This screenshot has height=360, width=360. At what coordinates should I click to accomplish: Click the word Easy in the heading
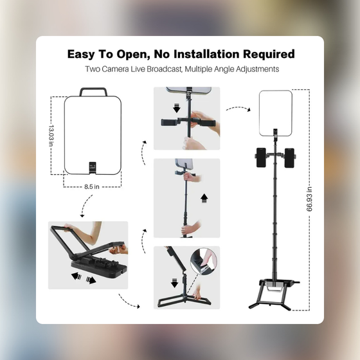pos(81,55)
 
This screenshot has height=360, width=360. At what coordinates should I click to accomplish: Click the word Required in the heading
pos(269,54)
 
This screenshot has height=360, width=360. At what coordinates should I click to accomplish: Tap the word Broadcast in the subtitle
pos(164,69)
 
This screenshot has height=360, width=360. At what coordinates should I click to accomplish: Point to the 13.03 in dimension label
pos(51,136)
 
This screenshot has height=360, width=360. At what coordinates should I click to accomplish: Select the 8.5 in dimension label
pos(91,186)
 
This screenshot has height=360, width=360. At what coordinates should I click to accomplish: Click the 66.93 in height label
pos(309,199)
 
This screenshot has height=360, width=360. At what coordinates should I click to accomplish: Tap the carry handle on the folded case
pos(93,91)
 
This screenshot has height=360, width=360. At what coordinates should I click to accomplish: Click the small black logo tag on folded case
pos(93,168)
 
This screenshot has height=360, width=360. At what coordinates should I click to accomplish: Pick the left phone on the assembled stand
pos(261,157)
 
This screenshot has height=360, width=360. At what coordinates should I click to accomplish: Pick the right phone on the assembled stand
pos(289,158)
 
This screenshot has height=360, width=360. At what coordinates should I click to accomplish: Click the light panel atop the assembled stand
pos(276,113)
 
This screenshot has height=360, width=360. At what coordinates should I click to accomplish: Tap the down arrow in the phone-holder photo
pos(177,108)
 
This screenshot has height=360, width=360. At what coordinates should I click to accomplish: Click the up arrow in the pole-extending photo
pos(204,199)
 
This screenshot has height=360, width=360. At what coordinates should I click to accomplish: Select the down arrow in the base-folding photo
pos(175,283)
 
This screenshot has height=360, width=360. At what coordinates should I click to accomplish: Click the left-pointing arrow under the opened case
pos(76,276)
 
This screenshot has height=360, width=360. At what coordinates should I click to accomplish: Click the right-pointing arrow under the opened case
pos(91,280)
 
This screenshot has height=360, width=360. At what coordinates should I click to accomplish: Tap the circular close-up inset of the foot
pos(203,261)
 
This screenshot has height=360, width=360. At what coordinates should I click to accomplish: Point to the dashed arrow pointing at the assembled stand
pos(238,108)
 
